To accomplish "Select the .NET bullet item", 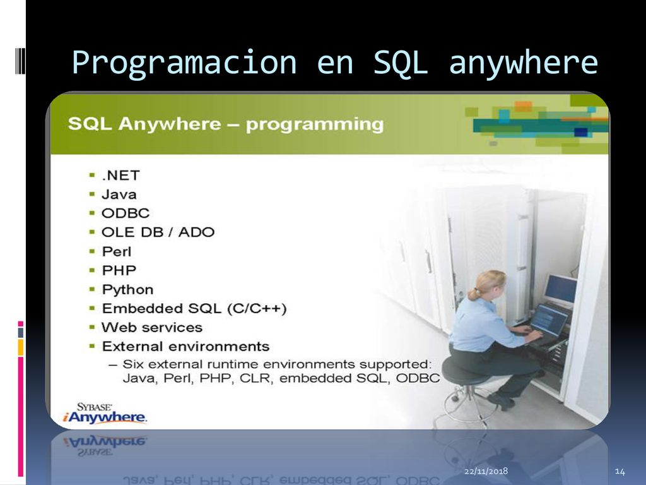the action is pos(120,176).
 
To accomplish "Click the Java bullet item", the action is pos(119,195).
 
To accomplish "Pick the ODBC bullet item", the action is pos(126,213).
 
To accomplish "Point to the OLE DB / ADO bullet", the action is pos(158,232).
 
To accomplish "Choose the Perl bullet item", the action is pos(117,251).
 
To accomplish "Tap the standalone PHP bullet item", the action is pos(119,270).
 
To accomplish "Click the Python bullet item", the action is pos(127,289).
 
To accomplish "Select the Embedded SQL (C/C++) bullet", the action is pos(194,308).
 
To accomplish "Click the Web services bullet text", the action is pos(152,328).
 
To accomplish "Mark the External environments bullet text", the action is pos(186,347).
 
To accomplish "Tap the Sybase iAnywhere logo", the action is pos(105,413).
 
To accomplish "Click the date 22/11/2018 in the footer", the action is pos(486,471).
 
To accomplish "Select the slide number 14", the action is pos(620,471).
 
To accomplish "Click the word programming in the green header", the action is pos(315,124).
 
